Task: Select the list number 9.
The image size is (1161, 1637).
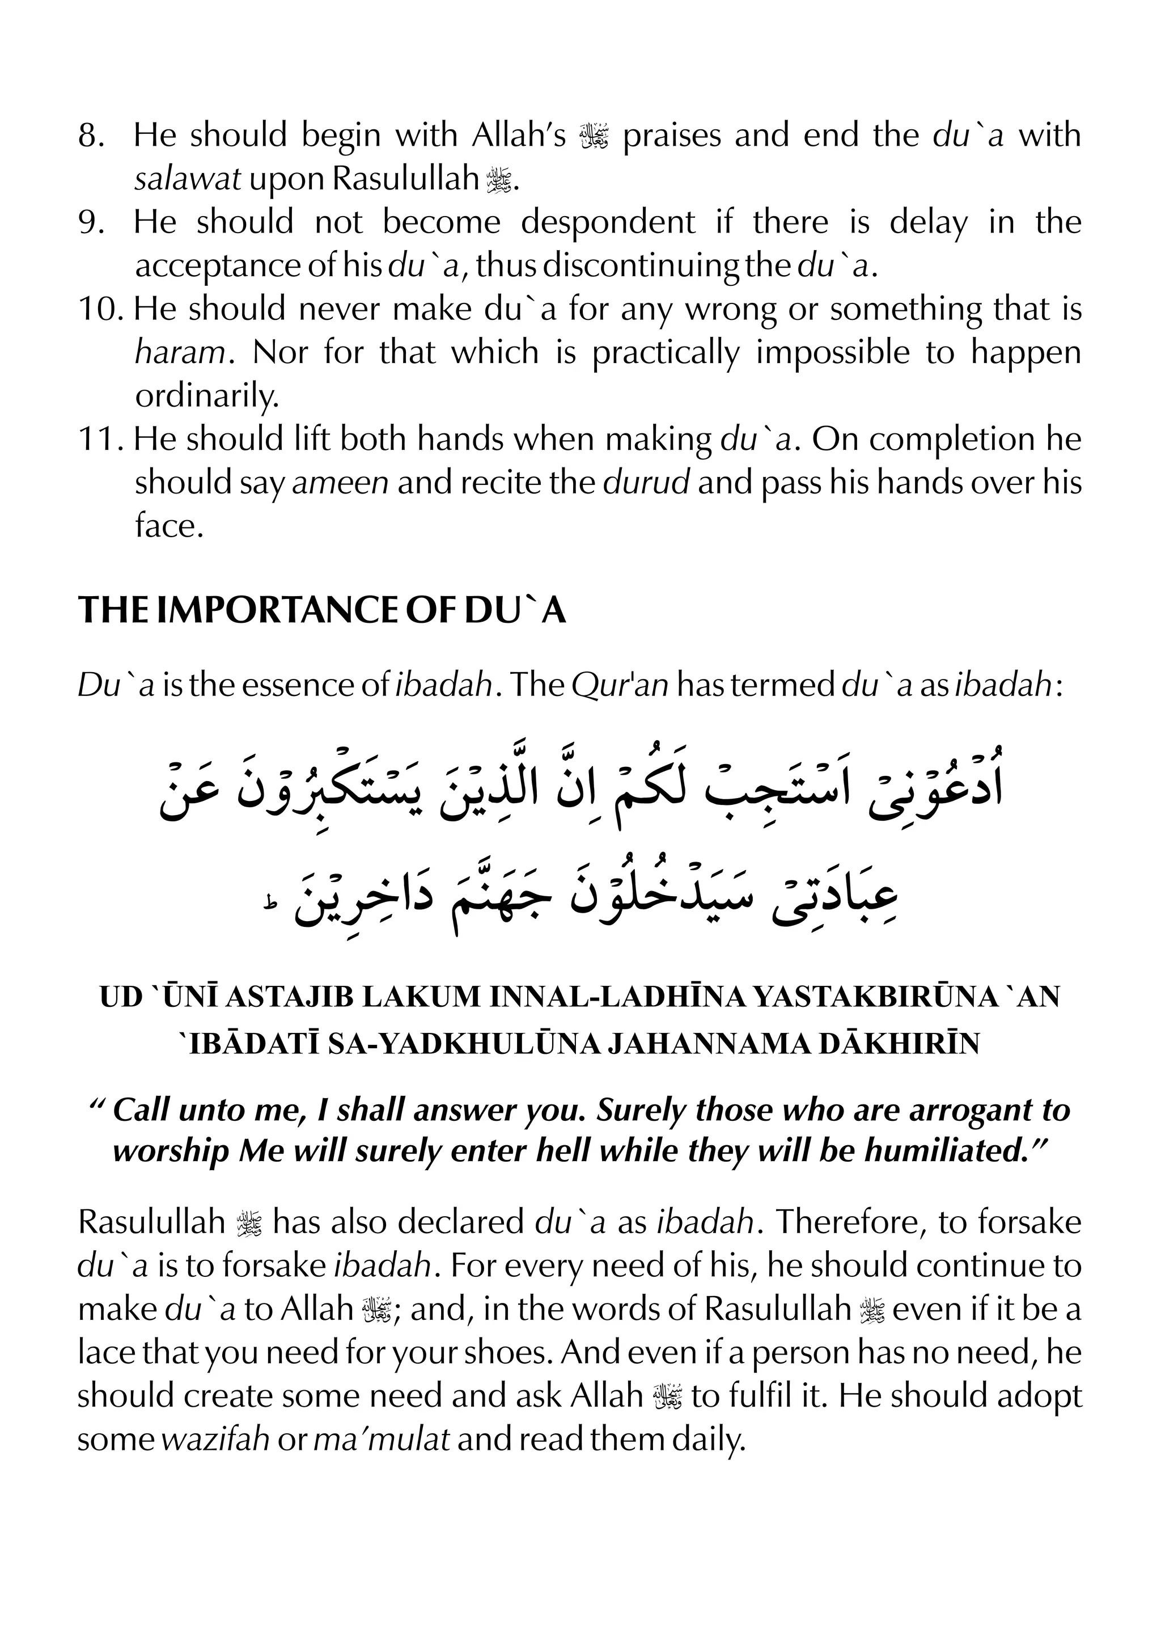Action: (x=91, y=222)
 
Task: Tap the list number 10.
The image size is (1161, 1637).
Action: (x=100, y=309)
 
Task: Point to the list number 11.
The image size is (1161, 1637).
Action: (x=100, y=439)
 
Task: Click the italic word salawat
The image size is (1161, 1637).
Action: (x=187, y=179)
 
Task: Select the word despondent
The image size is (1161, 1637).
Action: (x=607, y=222)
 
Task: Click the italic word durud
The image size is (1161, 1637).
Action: (x=646, y=483)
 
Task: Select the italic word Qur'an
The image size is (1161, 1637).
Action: (x=619, y=686)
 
